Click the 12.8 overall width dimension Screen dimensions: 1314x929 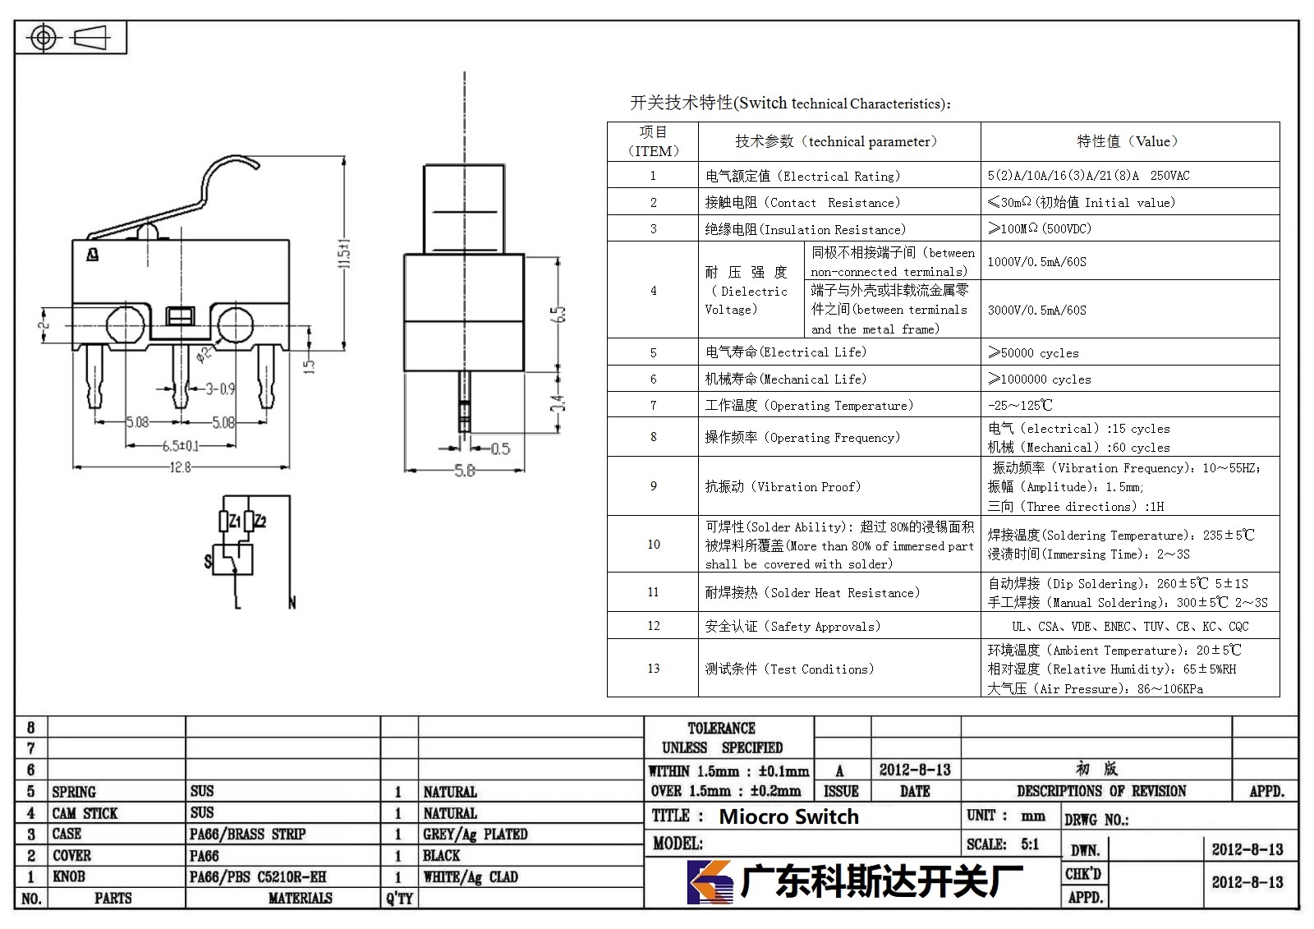click(x=180, y=467)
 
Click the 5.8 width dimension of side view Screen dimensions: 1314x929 click(x=465, y=471)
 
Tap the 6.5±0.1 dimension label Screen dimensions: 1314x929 click(x=181, y=446)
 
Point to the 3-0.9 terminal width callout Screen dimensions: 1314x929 click(x=220, y=389)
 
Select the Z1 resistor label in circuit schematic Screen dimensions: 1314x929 click(x=235, y=521)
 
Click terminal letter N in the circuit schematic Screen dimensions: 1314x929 click(x=292, y=603)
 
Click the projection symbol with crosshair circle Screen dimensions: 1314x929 click(x=44, y=38)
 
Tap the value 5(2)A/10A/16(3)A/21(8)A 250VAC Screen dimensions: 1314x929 click(x=1088, y=176)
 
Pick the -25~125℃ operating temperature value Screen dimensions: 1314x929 click(x=1020, y=405)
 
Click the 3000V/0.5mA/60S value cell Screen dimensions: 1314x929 click(x=1036, y=310)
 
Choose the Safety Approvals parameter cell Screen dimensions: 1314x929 click(x=793, y=626)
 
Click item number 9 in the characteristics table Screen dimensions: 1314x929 click(x=654, y=486)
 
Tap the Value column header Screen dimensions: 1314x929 click(x=1128, y=141)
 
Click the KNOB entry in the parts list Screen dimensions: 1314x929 click(x=69, y=876)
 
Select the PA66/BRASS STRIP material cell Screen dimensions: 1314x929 click(x=247, y=834)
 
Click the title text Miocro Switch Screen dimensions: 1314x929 click(x=789, y=816)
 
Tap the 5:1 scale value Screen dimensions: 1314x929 click(x=1030, y=844)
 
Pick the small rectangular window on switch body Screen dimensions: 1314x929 click(x=180, y=316)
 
